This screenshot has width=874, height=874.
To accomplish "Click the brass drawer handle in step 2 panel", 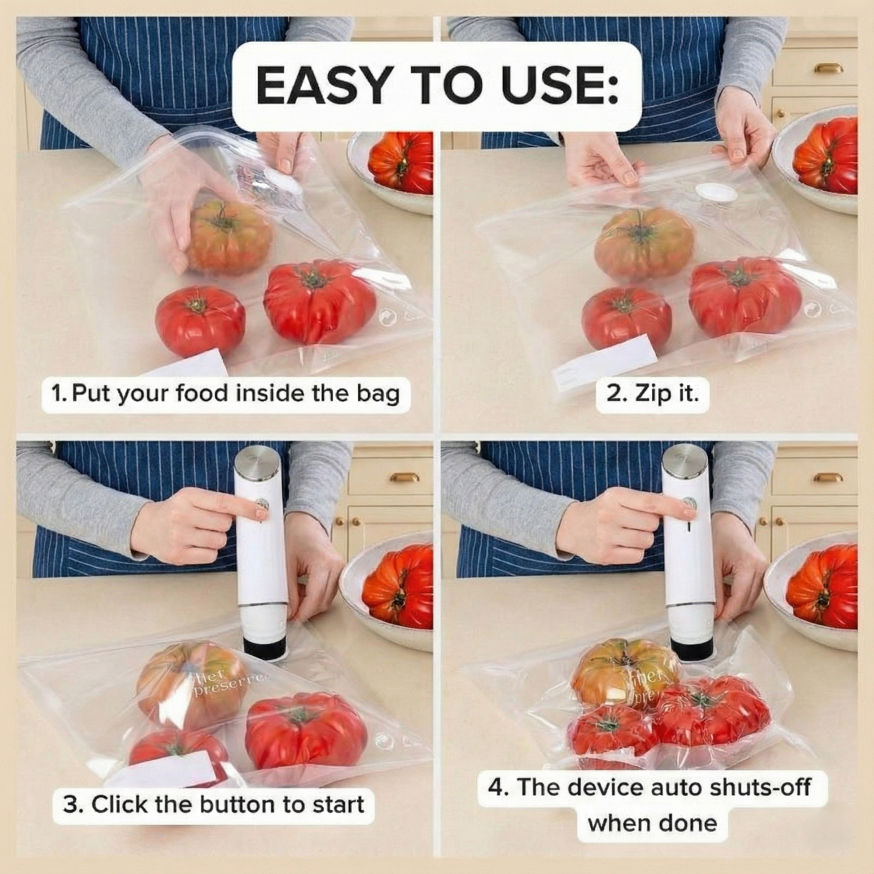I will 828,67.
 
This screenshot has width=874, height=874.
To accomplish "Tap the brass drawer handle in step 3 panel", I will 404,477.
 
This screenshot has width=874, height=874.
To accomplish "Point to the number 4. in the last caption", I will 498,787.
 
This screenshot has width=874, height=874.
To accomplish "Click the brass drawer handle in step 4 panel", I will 828,477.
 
